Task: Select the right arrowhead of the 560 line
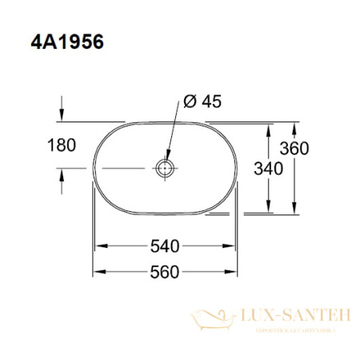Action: click(234, 272)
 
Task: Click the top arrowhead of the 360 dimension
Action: click(297, 127)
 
